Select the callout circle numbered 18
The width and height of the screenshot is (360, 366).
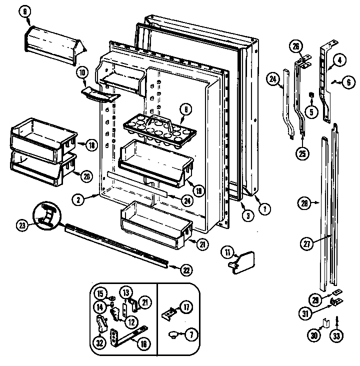(x=90, y=145)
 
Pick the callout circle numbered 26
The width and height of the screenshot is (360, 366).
(x=296, y=47)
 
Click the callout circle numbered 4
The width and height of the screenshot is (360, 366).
(x=339, y=60)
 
